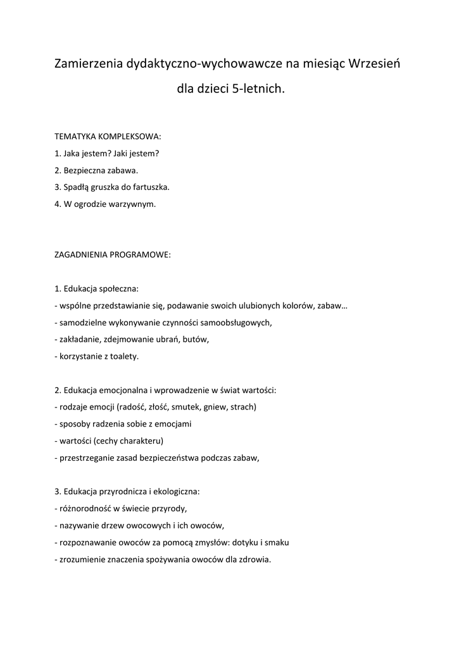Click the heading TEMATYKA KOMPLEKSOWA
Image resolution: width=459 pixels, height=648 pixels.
pyautogui.click(x=108, y=136)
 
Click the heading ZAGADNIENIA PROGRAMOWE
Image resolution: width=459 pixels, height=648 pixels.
pyautogui.click(x=113, y=255)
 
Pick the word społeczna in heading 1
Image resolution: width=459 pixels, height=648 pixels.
pyautogui.click(x=118, y=289)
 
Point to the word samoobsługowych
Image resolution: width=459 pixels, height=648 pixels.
pyautogui.click(x=237, y=323)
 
